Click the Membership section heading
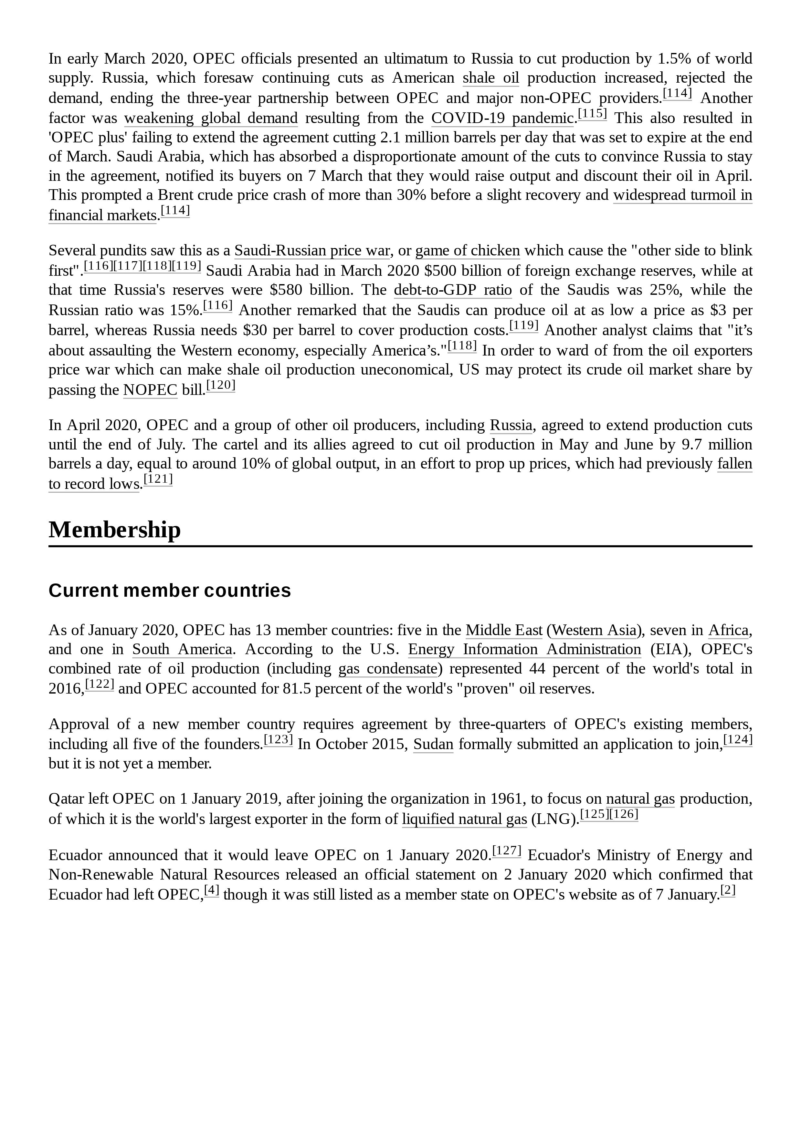pyautogui.click(x=115, y=530)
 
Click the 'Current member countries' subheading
pyautogui.click(x=169, y=591)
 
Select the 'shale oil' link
pyautogui.click(x=490, y=78)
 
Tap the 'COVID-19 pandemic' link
pyautogui.click(x=502, y=118)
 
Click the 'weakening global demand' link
pyautogui.click(x=211, y=118)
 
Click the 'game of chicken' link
pyautogui.click(x=467, y=251)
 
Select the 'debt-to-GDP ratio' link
pyautogui.click(x=452, y=290)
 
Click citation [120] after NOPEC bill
pyautogui.click(x=221, y=386)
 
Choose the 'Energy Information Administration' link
pyautogui.click(x=524, y=649)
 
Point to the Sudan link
pyautogui.click(x=433, y=744)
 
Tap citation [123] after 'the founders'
pyautogui.click(x=278, y=740)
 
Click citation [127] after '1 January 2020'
pyautogui.click(x=507, y=851)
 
